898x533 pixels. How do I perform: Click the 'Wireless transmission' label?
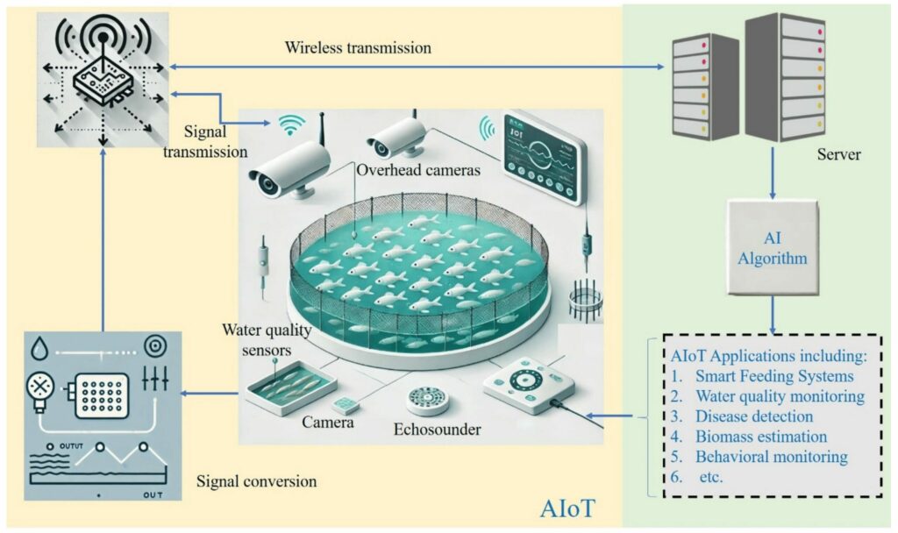(358, 48)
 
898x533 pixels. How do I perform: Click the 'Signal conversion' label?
(257, 481)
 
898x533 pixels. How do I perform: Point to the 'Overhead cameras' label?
(418, 171)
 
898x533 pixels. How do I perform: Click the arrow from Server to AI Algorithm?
(772, 171)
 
